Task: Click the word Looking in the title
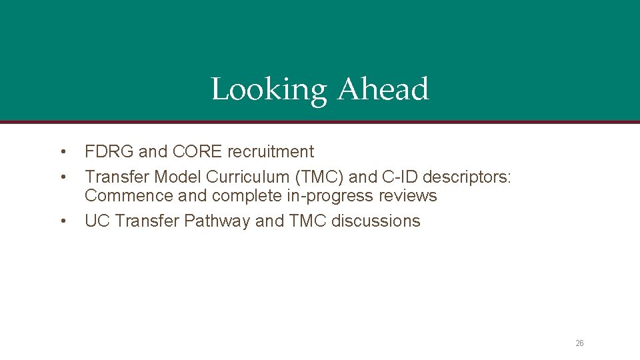[269, 90]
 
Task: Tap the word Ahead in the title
[383, 89]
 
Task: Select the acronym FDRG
[109, 152]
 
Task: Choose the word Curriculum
[247, 177]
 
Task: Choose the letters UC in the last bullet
[97, 221]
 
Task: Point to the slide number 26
[579, 343]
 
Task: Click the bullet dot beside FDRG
[62, 152]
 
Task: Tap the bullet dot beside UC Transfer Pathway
[62, 221]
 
